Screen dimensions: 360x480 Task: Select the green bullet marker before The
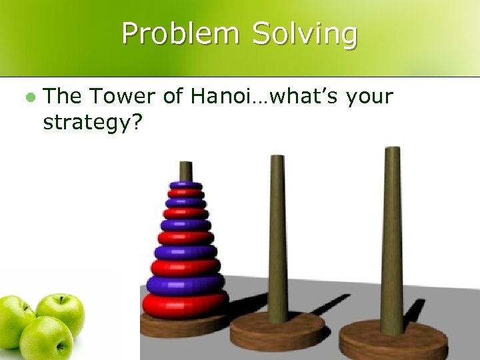point(29,97)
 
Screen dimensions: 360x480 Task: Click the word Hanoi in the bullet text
point(221,97)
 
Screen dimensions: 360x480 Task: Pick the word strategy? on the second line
point(91,123)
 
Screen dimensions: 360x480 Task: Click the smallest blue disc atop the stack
point(185,185)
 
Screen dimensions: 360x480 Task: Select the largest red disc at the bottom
point(185,304)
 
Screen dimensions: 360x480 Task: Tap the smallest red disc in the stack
point(185,193)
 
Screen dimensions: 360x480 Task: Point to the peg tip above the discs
point(185,169)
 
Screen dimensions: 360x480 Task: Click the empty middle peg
point(277,233)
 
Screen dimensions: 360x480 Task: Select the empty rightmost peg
point(391,233)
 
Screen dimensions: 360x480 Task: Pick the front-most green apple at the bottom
point(45,339)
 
